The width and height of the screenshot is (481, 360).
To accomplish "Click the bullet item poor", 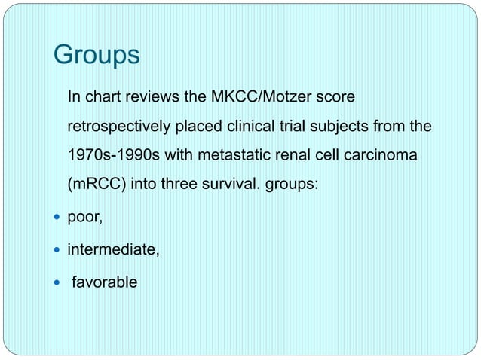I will click(85, 218).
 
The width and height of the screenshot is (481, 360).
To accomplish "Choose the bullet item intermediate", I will click(114, 250).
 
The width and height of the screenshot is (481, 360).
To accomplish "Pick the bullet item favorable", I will click(105, 282).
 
